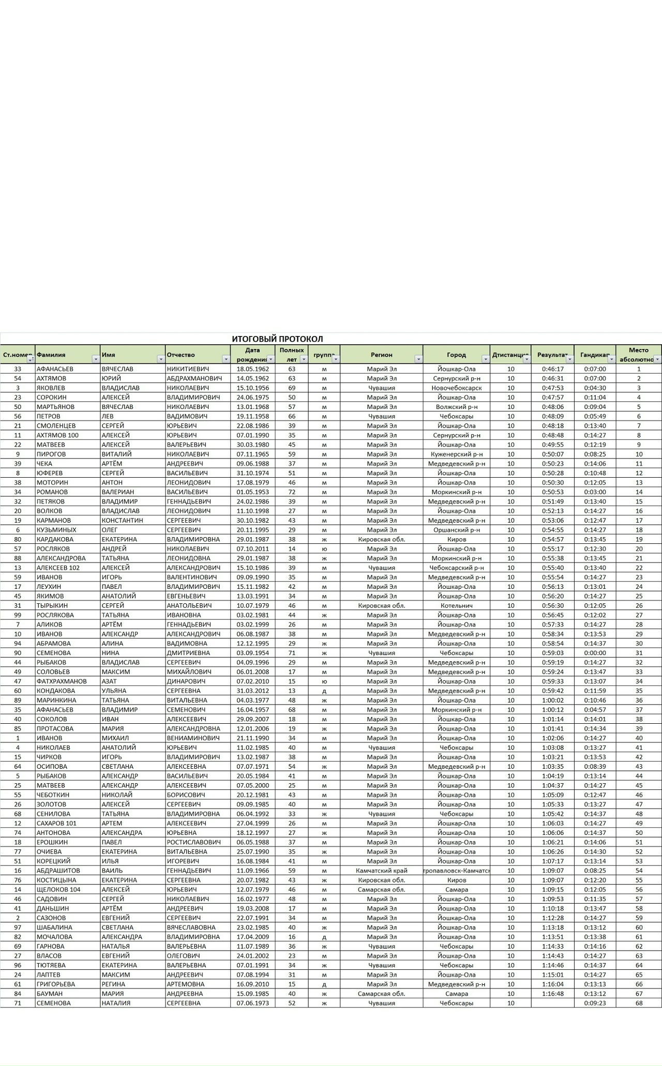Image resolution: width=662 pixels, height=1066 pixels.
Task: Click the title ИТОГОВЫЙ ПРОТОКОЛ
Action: (277, 339)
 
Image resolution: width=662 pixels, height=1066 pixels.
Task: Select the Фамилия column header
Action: (51, 355)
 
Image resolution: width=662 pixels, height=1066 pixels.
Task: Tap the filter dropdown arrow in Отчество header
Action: (225, 359)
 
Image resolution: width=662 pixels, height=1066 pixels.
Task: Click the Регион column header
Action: (381, 355)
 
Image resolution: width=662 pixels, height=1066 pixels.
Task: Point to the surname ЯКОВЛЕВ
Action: (51, 388)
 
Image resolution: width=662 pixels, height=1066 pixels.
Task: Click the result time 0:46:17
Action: (552, 369)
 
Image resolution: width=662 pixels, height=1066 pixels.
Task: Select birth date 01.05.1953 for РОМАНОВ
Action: (252, 492)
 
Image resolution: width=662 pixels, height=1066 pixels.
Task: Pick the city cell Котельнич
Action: (456, 605)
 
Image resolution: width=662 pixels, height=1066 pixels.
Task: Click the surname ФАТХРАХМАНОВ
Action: (62, 681)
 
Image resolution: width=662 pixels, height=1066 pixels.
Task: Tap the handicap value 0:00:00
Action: (595, 653)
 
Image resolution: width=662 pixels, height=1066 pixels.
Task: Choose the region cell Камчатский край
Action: (381, 871)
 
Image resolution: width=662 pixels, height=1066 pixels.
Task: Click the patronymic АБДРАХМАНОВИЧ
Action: (194, 378)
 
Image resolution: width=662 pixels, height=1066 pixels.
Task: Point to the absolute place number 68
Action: (639, 1003)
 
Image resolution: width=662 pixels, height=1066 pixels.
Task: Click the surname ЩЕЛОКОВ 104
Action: (58, 890)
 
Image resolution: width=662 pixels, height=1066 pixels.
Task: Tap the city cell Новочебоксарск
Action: (456, 388)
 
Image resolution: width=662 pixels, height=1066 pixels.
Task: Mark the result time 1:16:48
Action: (552, 994)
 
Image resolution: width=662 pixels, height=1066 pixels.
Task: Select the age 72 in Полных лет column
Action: (292, 492)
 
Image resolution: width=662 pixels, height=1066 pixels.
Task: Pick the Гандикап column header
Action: (594, 355)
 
